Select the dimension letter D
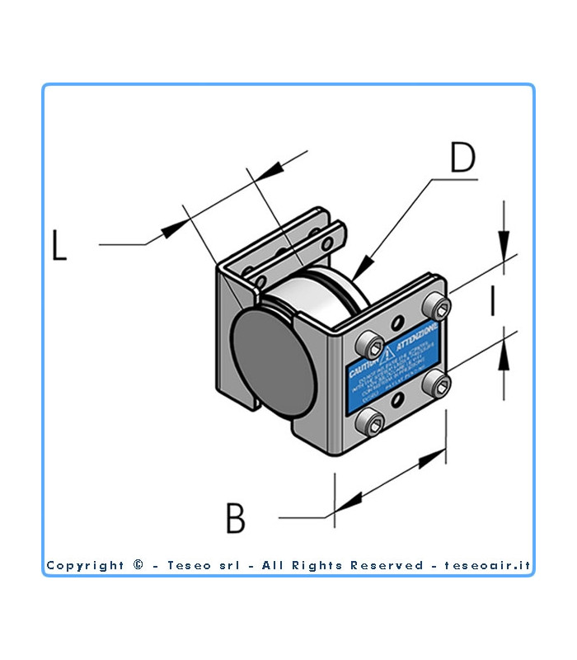pos(462,159)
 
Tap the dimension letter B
pos(236,519)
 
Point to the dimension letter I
pos(492,301)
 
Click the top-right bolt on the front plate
pos(439,310)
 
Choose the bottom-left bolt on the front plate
pos(370,424)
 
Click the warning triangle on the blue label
pos(387,356)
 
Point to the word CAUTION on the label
pos(364,369)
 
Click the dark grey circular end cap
pos(272,366)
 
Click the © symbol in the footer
pos(138,565)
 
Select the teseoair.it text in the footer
pos(487,566)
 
